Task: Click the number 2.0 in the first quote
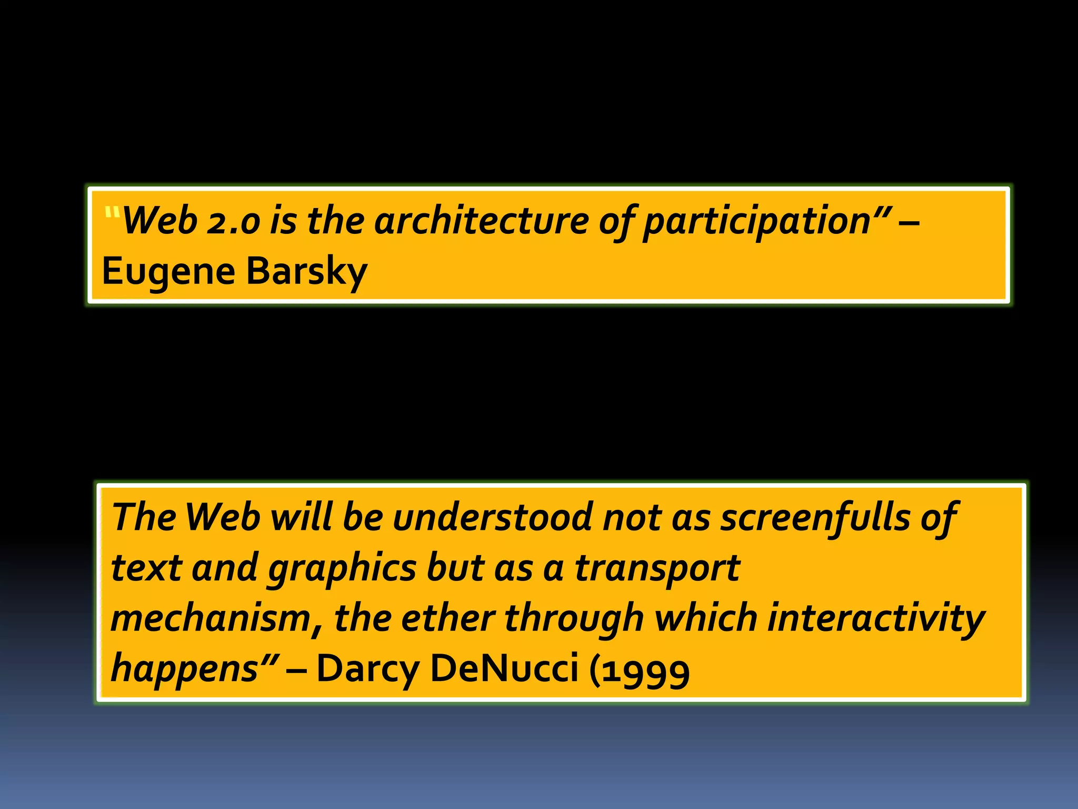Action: pos(233,221)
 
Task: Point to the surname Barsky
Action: pos(306,272)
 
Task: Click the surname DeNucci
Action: pos(504,668)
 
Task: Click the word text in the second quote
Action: pos(146,569)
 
